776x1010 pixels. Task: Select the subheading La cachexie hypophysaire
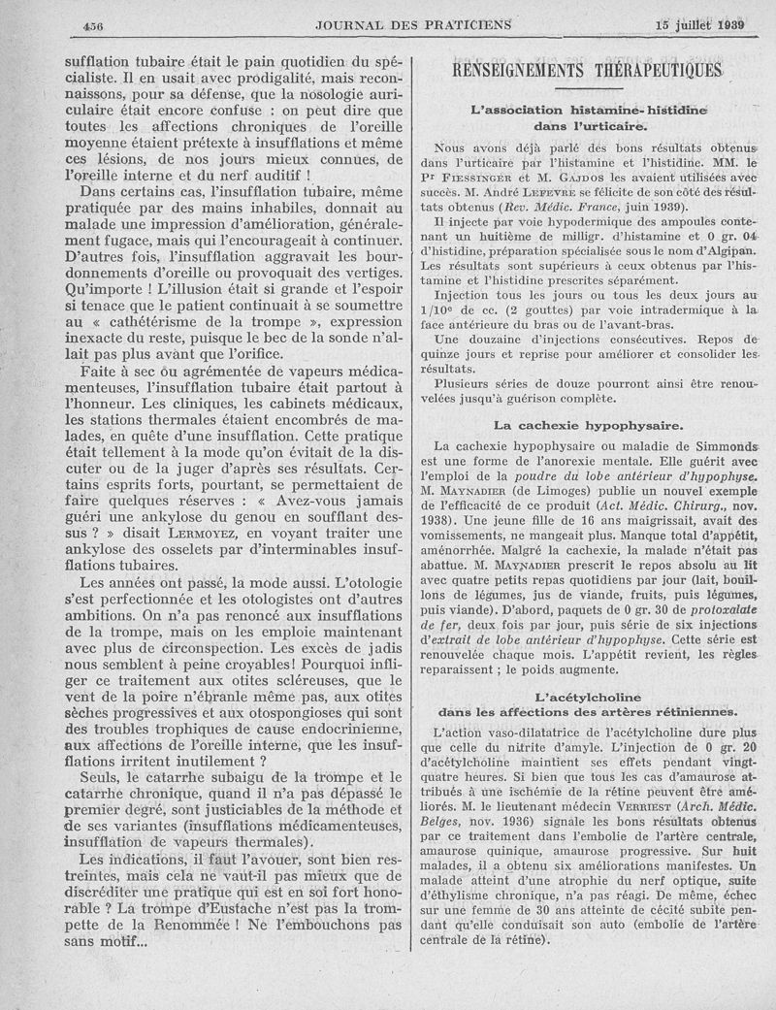pyautogui.click(x=588, y=424)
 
